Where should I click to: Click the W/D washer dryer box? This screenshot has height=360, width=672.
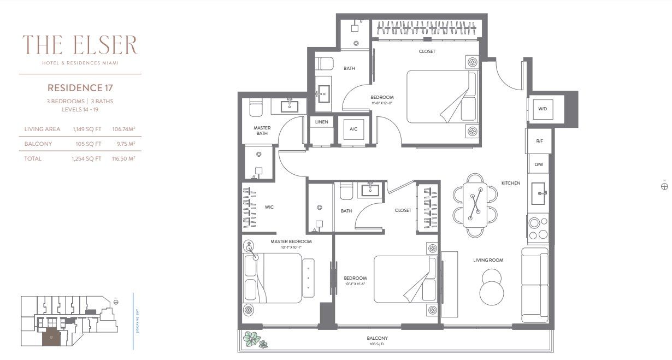click(542, 109)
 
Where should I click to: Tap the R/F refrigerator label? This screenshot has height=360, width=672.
click(539, 141)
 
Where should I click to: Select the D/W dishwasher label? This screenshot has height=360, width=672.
click(539, 164)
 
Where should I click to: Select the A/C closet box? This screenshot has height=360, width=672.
click(353, 129)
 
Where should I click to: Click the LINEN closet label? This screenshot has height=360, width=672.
click(321, 122)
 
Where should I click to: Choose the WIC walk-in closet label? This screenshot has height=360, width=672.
click(269, 207)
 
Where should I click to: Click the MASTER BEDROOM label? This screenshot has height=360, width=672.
click(291, 241)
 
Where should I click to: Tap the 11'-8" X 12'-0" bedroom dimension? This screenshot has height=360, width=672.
click(382, 103)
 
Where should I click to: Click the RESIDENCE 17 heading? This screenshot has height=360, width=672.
click(80, 87)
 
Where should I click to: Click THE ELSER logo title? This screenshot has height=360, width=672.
click(80, 45)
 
